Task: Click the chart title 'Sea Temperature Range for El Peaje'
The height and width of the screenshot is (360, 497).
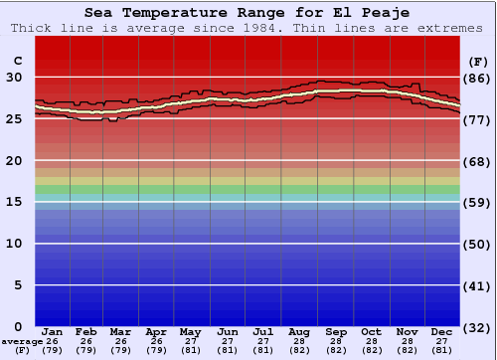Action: pyautogui.click(x=248, y=13)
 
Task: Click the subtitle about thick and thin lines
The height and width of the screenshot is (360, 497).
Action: pyautogui.click(x=248, y=28)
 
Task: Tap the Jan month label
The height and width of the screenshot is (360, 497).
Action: pyautogui.click(x=53, y=331)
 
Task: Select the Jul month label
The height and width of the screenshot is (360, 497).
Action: pyautogui.click(x=263, y=331)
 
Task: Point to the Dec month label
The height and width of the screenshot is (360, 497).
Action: pyautogui.click(x=441, y=331)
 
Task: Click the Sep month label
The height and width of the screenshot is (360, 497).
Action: pyautogui.click(x=336, y=331)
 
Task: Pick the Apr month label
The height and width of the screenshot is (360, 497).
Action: pyautogui.click(x=157, y=331)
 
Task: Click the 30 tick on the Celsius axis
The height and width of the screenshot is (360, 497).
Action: pyautogui.click(x=17, y=78)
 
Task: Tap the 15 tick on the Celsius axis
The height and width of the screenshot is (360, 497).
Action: pyautogui.click(x=17, y=202)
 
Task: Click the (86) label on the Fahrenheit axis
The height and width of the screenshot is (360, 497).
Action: pyautogui.click(x=477, y=78)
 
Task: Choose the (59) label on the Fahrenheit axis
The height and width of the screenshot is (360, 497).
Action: pyautogui.click(x=477, y=202)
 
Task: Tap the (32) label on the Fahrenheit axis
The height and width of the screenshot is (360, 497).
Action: pyautogui.click(x=477, y=327)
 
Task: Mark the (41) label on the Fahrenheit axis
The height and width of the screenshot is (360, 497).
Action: pyautogui.click(x=477, y=285)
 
